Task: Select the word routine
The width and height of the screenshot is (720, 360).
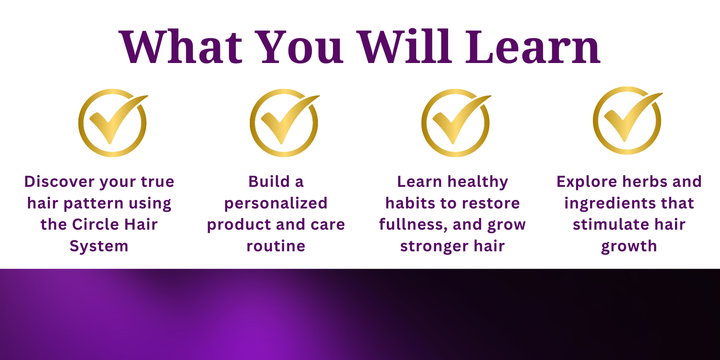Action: pyautogui.click(x=276, y=246)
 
